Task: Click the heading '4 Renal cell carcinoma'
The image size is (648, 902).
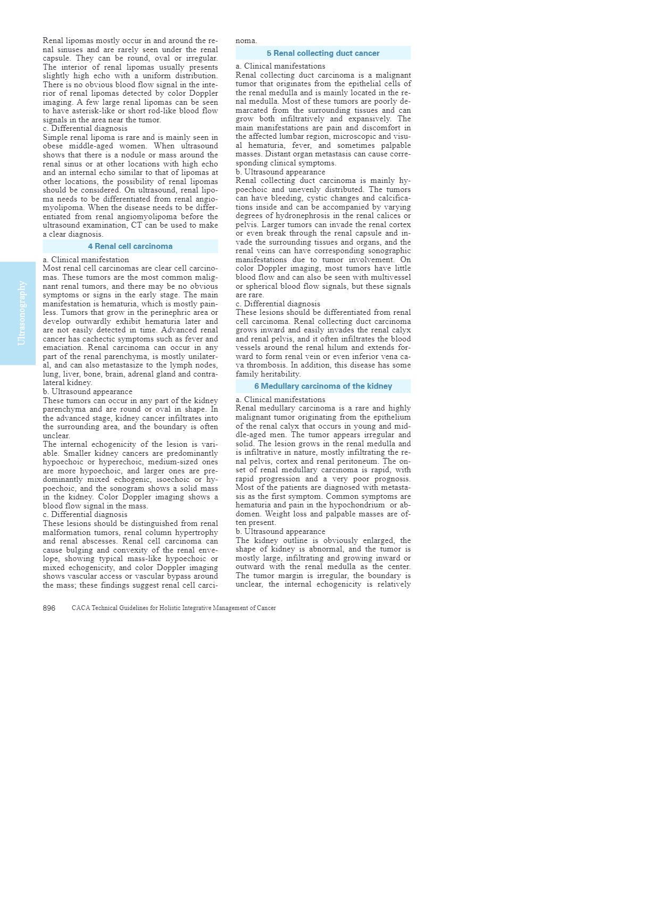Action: [x=130, y=246]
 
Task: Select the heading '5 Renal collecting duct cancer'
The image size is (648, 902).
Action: [x=323, y=53]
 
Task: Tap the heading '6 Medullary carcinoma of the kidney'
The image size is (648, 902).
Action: [x=323, y=386]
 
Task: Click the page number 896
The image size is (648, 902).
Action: [x=49, y=608]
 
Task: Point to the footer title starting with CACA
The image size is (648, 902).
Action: [x=173, y=608]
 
